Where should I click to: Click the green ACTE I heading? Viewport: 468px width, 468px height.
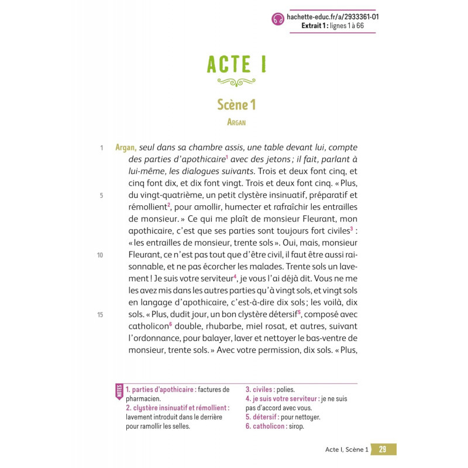237,64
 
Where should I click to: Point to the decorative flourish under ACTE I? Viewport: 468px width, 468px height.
237,81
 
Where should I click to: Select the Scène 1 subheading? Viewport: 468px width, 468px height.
237,105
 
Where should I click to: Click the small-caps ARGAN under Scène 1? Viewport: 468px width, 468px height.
237,122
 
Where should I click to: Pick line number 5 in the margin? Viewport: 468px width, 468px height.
101,196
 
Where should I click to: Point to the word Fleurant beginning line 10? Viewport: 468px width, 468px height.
146,255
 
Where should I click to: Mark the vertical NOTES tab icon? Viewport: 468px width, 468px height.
119,391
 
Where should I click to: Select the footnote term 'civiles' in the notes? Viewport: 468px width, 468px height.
263,390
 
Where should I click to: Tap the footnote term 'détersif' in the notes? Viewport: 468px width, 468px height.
266,417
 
